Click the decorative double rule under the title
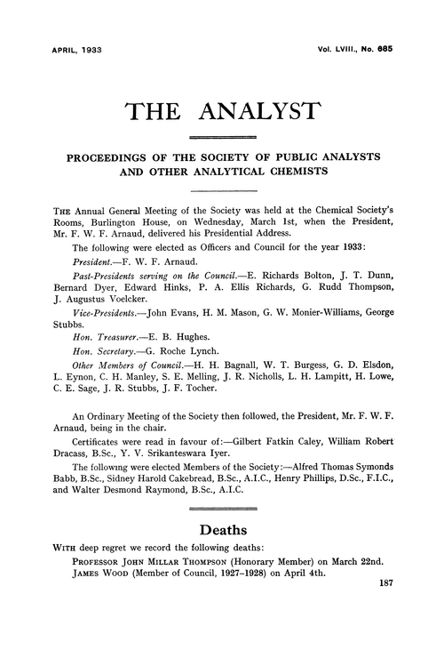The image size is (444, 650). pos(222,136)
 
